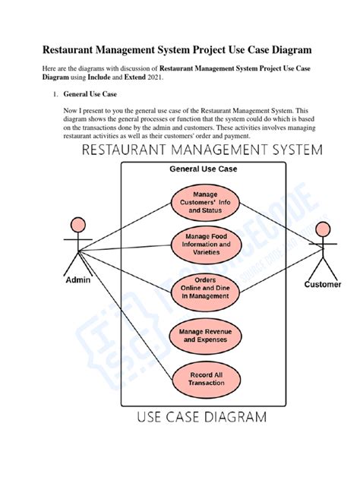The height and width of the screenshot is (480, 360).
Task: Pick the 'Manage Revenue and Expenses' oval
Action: point(204,336)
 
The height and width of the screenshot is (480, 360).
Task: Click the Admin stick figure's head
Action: point(77,225)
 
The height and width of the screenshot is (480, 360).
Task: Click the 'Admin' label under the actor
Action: point(77,280)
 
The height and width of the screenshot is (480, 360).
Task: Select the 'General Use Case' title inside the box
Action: point(203,169)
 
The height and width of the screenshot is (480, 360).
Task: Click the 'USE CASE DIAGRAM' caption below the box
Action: point(201,417)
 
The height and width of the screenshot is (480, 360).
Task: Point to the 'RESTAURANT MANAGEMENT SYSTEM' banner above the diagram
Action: point(201,150)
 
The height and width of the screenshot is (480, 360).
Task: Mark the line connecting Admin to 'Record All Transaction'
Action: point(129,314)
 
